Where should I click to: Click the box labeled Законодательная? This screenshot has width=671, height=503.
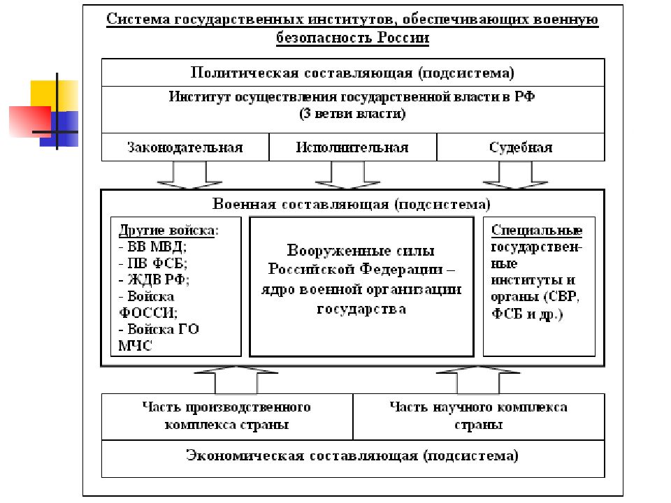[185, 147]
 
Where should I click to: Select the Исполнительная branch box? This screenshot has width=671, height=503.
[352, 147]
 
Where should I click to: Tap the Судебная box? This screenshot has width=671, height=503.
[520, 147]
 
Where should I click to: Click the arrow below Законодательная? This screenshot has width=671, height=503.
[189, 175]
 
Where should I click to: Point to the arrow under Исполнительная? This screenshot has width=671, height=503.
[347, 175]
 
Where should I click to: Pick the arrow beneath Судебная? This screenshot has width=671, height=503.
[515, 175]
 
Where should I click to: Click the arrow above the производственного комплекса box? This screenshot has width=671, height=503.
[236, 380]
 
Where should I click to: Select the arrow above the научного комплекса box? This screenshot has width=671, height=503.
[478, 380]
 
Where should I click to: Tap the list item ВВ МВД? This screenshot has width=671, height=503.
[152, 247]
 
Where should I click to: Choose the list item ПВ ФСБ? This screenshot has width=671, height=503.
[153, 263]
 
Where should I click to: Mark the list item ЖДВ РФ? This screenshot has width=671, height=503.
[154, 279]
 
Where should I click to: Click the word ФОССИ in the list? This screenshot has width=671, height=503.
[147, 313]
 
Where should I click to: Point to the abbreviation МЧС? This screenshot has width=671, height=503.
[135, 346]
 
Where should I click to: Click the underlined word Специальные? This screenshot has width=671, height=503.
[537, 230]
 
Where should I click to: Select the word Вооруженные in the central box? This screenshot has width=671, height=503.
[319, 250]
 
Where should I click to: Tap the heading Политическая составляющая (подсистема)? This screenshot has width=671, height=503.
[352, 73]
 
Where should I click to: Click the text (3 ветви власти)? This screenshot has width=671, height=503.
[352, 114]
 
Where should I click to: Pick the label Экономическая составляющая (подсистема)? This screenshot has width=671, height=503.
[352, 455]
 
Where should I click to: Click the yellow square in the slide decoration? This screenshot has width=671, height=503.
[55, 96]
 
